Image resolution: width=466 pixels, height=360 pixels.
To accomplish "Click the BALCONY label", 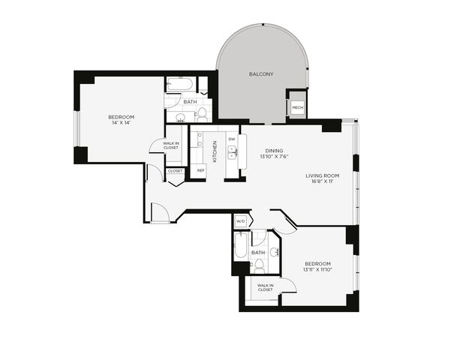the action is tap(261, 74).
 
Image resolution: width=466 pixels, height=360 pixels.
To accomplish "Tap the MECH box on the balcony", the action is tap(297, 107).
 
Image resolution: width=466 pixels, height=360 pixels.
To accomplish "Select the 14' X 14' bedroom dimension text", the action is tap(122, 122).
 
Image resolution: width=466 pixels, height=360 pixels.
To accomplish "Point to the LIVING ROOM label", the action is tap(323, 175).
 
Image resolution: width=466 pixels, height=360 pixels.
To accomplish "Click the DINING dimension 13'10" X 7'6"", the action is tap(274, 156).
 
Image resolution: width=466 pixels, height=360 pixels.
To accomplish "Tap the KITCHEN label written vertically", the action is tap(215, 151).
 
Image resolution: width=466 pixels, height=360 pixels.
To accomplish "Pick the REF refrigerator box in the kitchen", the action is tap(200, 171).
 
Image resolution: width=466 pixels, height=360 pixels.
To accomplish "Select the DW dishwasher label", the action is tap(232, 139).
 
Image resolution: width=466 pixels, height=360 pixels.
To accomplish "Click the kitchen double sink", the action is tap(232, 153).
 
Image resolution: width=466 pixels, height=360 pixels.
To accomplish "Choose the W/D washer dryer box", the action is tap(240, 221).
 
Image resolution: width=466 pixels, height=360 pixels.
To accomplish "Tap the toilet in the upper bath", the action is tap(203, 115).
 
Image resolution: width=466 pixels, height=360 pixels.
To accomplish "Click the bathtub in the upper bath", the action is tap(180, 84).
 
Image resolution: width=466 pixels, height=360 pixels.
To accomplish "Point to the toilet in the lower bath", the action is tap(259, 265).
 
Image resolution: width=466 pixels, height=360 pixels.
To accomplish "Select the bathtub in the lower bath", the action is tap(240, 245).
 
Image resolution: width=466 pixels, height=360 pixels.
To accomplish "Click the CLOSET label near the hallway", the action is tap(175, 171).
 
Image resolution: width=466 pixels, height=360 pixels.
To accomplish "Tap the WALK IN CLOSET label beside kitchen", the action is tap(171, 145).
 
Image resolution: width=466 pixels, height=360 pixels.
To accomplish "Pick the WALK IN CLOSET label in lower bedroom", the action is tap(265, 287).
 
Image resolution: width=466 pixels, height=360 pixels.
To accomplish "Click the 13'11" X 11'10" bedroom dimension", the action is tap(317, 270).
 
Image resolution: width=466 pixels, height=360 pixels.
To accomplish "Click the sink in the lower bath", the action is tap(275, 252).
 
